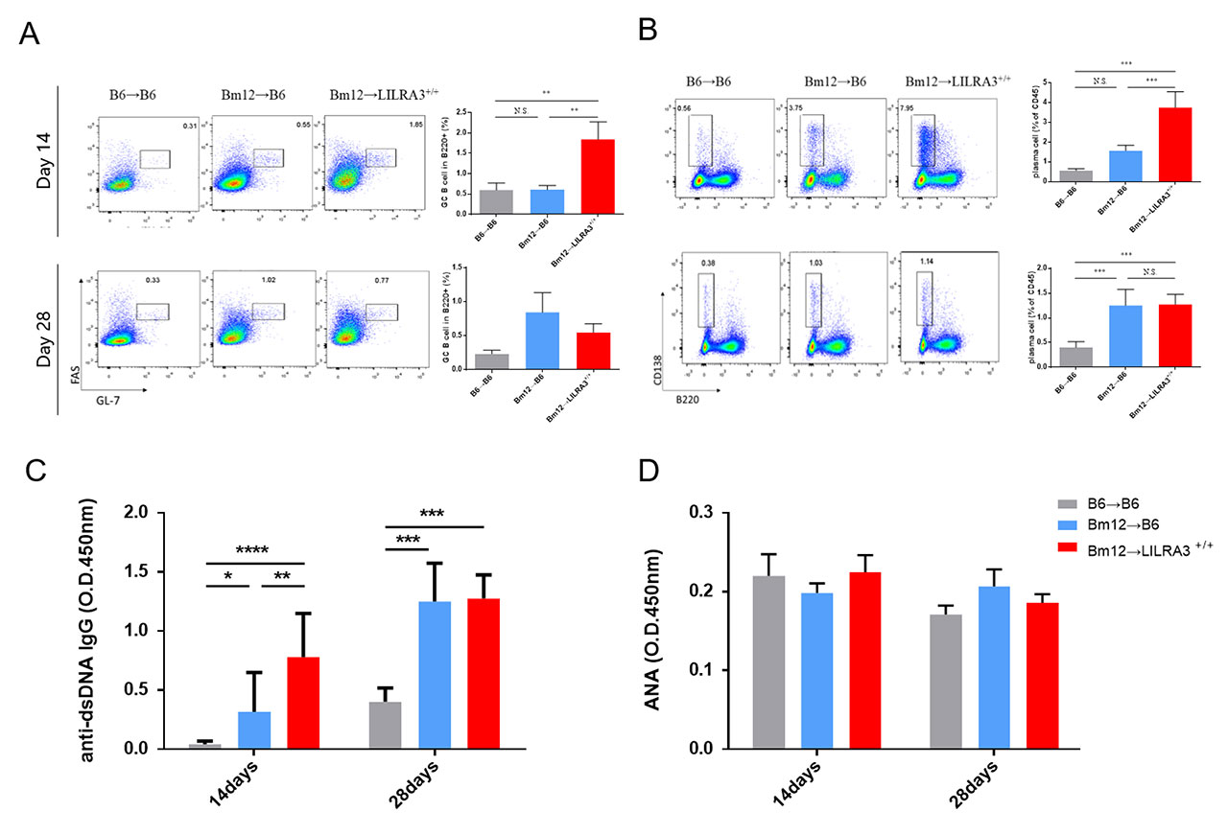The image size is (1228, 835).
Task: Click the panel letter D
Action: tap(649, 472)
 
